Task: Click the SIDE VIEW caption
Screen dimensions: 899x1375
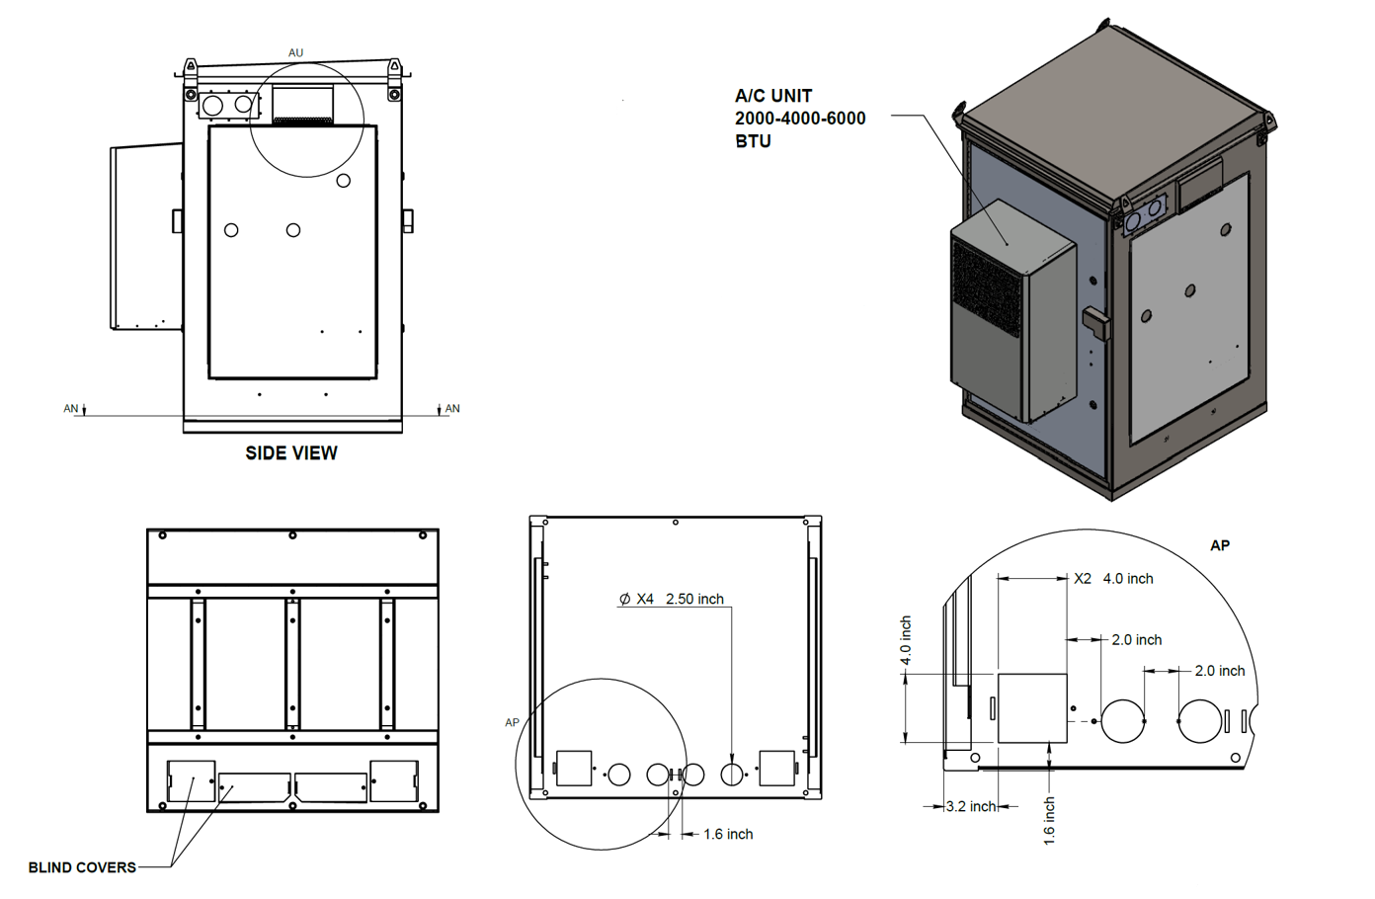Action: [291, 452]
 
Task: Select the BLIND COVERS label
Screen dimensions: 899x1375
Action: [82, 867]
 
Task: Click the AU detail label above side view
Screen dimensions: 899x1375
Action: [296, 53]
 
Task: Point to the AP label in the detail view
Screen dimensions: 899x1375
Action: [1220, 545]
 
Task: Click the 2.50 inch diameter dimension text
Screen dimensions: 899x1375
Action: [694, 599]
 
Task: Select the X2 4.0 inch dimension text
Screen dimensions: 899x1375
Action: [1114, 579]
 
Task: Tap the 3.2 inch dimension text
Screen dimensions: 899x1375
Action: [970, 806]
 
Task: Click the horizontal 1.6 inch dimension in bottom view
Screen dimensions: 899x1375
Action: [728, 835]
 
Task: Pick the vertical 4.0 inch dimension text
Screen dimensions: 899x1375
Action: [906, 641]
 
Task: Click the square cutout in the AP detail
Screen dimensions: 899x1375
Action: [1032, 707]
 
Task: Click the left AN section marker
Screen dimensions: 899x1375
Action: [72, 408]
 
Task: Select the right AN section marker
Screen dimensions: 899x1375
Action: [451, 408]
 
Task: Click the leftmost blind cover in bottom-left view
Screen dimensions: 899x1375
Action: [191, 780]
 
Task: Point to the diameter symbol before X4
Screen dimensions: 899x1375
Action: [624, 599]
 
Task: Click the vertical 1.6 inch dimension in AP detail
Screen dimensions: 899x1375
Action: [1050, 821]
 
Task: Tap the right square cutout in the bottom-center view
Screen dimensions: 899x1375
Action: [776, 769]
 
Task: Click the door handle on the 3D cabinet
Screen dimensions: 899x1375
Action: [1096, 322]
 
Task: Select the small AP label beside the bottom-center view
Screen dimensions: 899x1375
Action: [512, 722]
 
